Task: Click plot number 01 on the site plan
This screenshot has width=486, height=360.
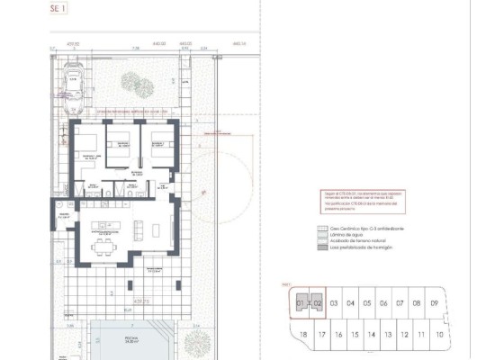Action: point(301,303)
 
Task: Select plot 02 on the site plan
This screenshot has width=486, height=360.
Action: point(318,303)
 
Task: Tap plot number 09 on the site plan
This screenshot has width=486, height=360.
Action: point(434,303)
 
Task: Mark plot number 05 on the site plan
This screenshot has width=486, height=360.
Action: point(367,303)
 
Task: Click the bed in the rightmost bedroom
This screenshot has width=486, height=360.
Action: point(160,142)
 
